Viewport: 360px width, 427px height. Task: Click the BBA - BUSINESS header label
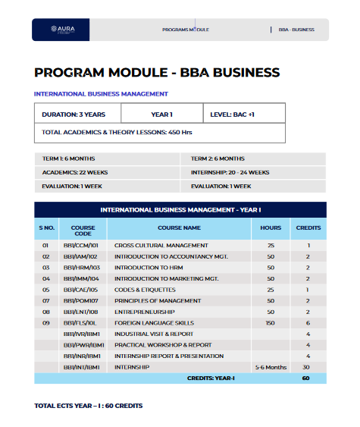point(296,30)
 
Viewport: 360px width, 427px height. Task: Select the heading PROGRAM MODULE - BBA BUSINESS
point(157,73)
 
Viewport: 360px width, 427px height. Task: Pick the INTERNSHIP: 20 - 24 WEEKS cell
point(230,172)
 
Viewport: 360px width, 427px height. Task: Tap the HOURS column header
point(271,228)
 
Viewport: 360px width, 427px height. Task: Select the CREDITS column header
point(308,228)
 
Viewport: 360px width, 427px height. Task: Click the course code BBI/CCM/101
point(82,246)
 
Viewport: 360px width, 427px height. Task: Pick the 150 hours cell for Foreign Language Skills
point(271,322)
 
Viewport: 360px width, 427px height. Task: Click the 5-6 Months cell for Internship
point(271,366)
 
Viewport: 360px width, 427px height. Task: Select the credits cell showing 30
point(308,366)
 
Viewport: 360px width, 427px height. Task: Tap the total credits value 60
point(306,378)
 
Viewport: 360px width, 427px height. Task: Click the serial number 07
point(45,300)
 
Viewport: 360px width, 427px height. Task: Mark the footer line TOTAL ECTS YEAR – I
point(89,406)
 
